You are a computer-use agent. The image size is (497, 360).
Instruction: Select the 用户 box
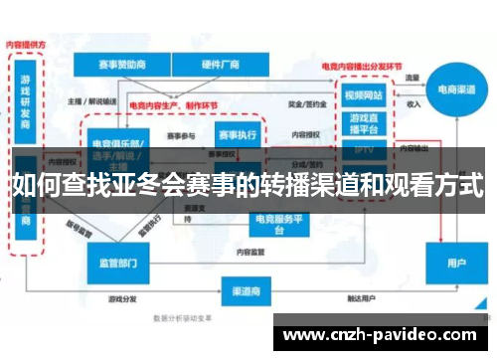click(x=456, y=265)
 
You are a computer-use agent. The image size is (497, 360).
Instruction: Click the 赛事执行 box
click(x=239, y=134)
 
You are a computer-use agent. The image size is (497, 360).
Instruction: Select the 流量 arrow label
click(x=413, y=77)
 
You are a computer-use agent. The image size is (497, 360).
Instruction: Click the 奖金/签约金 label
click(x=301, y=101)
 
